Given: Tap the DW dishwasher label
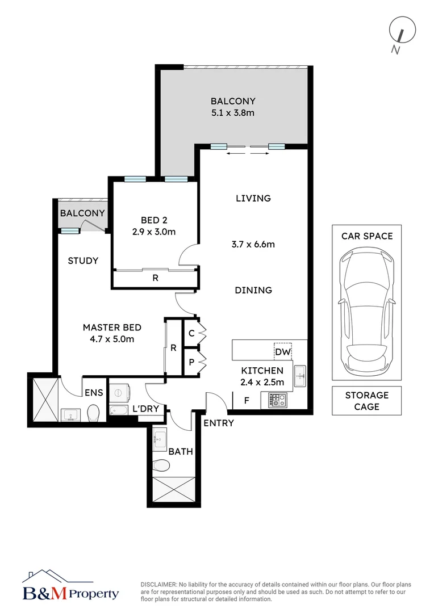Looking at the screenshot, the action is (x=282, y=352).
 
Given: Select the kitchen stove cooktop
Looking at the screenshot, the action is (x=277, y=400).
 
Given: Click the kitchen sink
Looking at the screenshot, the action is (x=300, y=376).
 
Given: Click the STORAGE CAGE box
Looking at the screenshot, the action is (x=367, y=401).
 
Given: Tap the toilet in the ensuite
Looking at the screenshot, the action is (x=93, y=413).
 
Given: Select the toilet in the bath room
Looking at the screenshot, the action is (x=162, y=465).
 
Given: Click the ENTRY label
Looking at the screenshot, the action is (x=218, y=423).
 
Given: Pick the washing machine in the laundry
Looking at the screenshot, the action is (x=119, y=393).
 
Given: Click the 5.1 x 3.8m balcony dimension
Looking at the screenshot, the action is (x=233, y=113).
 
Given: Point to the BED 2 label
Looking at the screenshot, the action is (x=154, y=220).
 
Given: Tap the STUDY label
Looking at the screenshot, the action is (x=83, y=261).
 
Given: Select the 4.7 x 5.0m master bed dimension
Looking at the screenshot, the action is (x=112, y=339).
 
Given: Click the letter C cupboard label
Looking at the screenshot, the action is (x=191, y=334).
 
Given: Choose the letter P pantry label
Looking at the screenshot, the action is (x=191, y=362).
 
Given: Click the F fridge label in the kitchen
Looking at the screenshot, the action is (x=247, y=400).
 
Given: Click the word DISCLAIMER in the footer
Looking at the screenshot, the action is (x=158, y=585).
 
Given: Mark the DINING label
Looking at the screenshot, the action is (x=253, y=290).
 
